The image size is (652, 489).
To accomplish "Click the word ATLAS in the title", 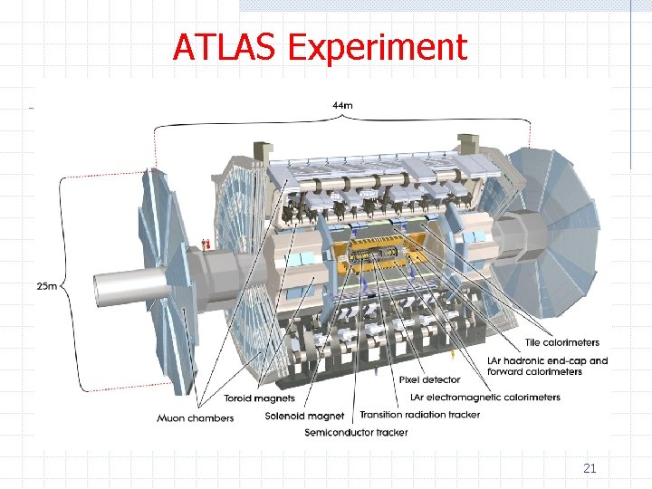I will click(x=225, y=47).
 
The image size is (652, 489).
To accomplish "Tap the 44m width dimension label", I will click(x=342, y=105).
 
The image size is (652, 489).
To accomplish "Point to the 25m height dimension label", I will click(x=46, y=286).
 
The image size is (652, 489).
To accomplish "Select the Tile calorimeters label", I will click(x=561, y=342).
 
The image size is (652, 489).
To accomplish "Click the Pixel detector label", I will click(x=429, y=379).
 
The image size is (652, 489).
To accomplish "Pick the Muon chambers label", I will click(x=195, y=417).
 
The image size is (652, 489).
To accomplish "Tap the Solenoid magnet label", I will click(x=304, y=416).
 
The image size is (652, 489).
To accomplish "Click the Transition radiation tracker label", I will click(x=419, y=415).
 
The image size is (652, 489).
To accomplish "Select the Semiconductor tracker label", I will click(x=356, y=432).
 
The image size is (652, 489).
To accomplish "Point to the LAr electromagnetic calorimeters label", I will click(x=485, y=397).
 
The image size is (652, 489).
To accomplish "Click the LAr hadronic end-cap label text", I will click(x=547, y=360).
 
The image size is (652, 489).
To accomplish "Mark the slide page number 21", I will click(x=590, y=468).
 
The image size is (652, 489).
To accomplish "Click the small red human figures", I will click(x=206, y=244).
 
